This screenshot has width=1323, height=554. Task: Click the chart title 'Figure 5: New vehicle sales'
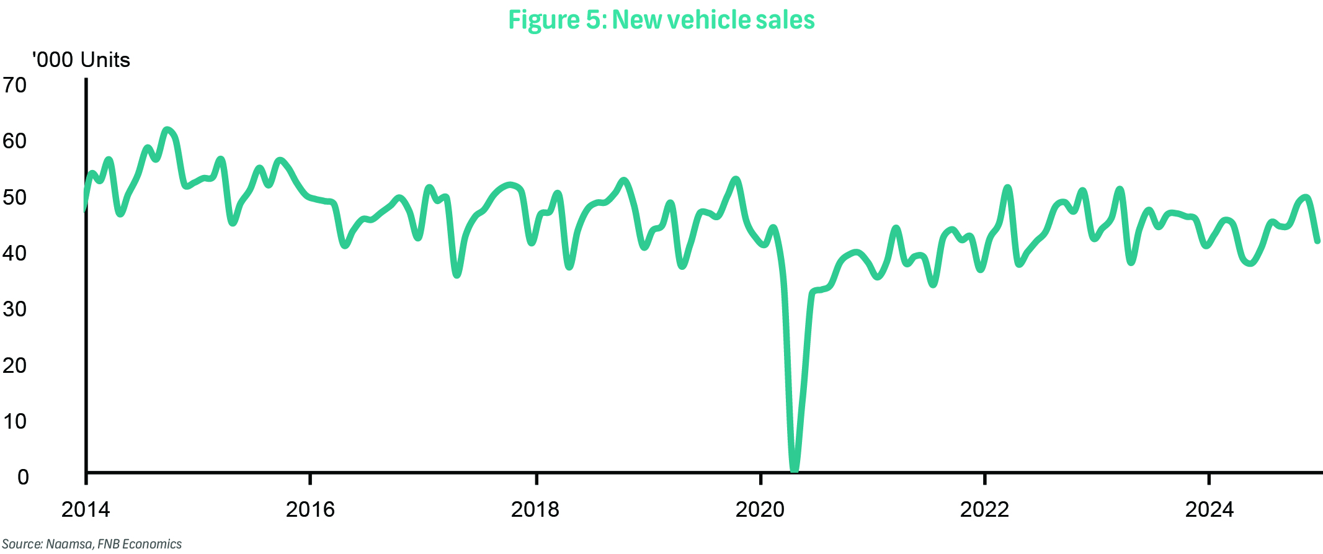(x=661, y=20)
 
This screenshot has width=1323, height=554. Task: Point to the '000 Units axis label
(x=81, y=60)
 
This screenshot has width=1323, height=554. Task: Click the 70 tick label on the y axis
(x=15, y=84)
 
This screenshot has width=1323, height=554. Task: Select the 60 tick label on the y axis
(x=15, y=141)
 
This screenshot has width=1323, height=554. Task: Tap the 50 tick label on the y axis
(x=15, y=197)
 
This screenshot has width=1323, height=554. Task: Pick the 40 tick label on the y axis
(x=15, y=253)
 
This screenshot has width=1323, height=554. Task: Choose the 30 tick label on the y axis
(x=15, y=309)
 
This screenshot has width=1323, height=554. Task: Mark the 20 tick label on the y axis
(x=15, y=365)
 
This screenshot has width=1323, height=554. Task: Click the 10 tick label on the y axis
(x=15, y=421)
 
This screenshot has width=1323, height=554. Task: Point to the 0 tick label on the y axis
(x=23, y=477)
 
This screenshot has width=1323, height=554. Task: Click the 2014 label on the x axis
(x=86, y=509)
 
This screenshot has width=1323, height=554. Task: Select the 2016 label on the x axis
(x=310, y=509)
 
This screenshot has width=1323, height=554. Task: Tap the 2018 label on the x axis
(x=535, y=509)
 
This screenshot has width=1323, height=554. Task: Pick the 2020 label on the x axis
(x=760, y=509)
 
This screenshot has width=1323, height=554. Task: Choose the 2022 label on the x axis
(x=984, y=509)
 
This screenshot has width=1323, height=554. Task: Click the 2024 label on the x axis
(x=1209, y=509)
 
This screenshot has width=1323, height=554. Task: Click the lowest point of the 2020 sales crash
(x=795, y=468)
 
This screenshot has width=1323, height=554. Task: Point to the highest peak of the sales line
(x=166, y=130)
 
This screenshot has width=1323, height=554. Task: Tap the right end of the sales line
(x=1317, y=241)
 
